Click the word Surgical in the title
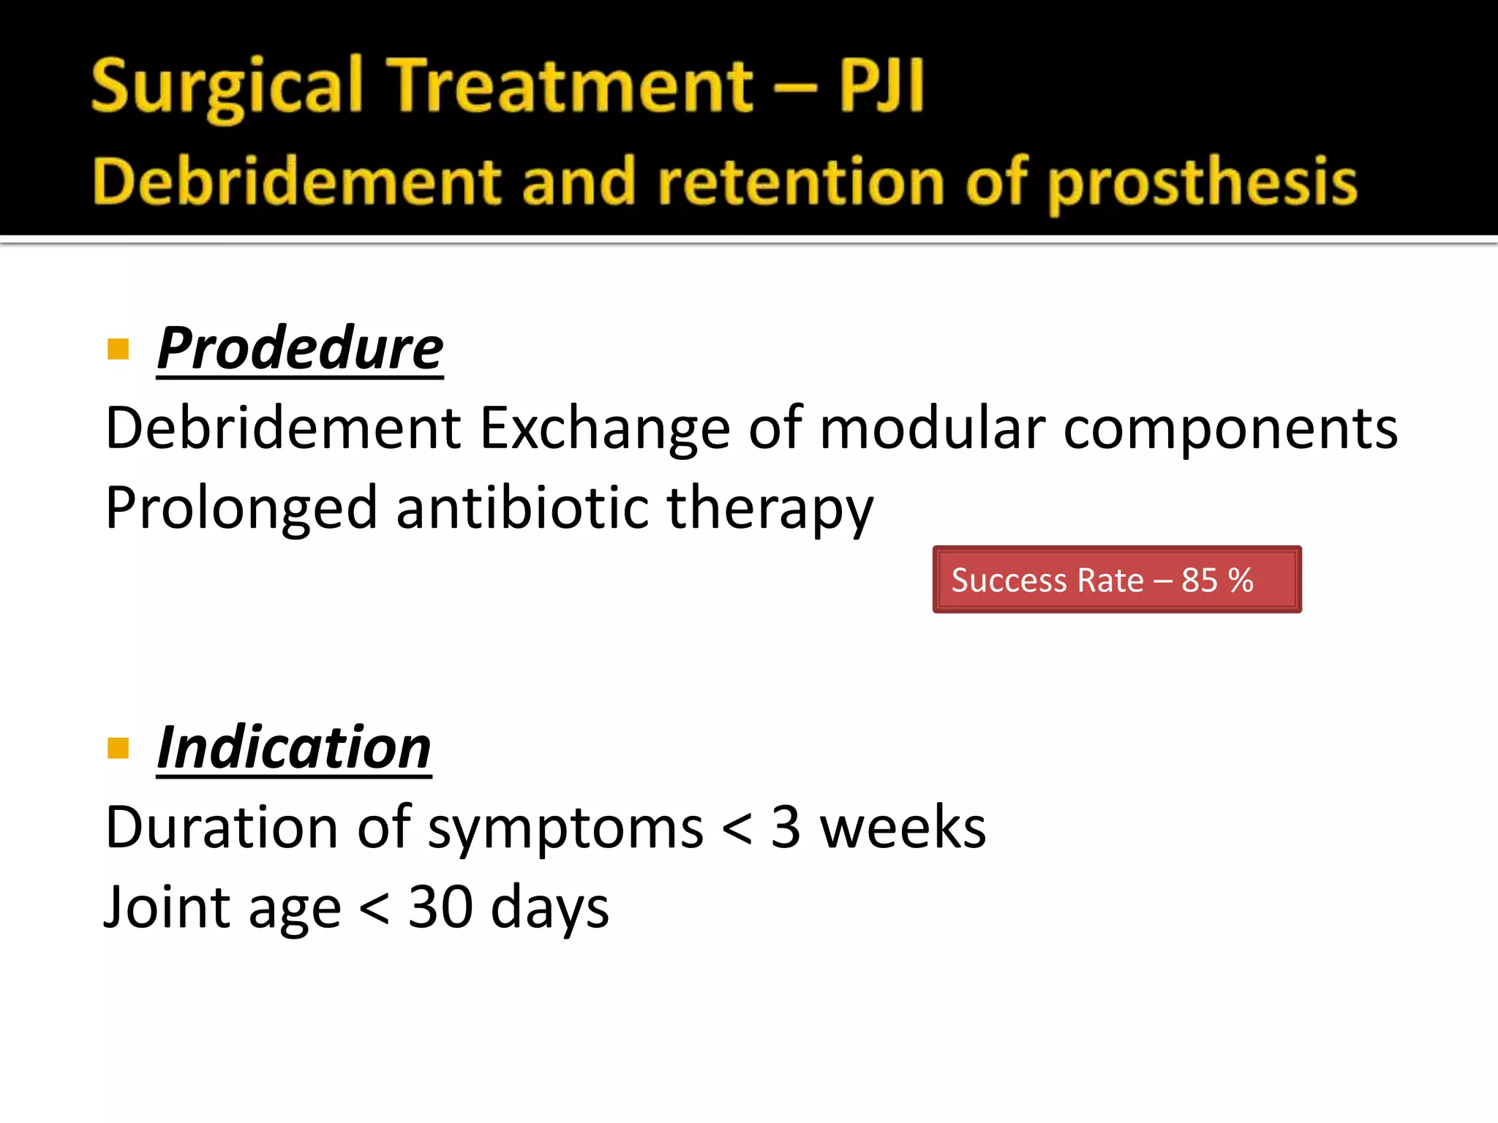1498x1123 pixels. tap(227, 88)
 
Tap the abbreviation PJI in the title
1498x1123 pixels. tap(882, 86)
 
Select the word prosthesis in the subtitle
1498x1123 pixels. tap(1202, 183)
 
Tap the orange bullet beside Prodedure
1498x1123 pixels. tap(118, 349)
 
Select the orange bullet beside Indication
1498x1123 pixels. tap(118, 748)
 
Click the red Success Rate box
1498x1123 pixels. tap(1117, 580)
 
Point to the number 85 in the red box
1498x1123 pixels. tap(1199, 581)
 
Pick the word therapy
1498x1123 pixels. tap(769, 509)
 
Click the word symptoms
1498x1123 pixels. tap(565, 829)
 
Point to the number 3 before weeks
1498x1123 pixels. tap(786, 828)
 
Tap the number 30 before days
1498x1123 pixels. tap(440, 907)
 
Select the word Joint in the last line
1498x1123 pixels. tap(167, 907)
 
